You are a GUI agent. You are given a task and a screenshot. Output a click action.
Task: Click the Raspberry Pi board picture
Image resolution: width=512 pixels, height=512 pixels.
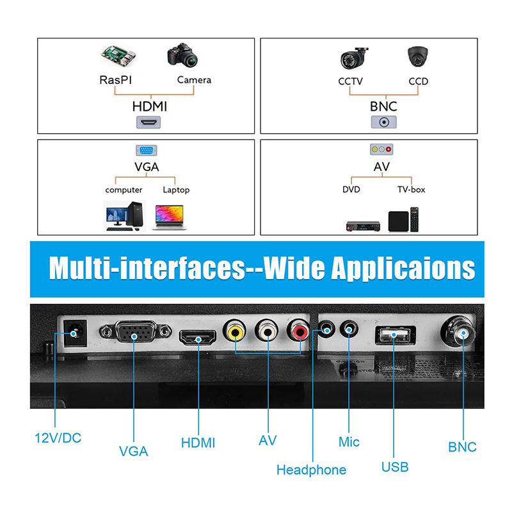(x=118, y=56)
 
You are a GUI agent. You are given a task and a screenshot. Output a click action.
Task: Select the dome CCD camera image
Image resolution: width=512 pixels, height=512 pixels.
(x=418, y=56)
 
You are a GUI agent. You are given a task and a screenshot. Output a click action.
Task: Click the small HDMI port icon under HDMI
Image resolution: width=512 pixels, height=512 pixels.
(x=148, y=122)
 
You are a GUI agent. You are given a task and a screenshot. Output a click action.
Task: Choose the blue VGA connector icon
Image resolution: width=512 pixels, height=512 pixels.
(x=147, y=150)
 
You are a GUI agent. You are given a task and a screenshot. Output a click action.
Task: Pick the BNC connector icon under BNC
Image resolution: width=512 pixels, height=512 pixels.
(x=384, y=122)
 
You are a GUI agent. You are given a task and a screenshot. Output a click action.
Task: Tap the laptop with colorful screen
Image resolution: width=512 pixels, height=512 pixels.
(x=169, y=217)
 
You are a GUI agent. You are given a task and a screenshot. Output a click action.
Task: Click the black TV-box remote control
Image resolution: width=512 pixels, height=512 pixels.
(x=414, y=220)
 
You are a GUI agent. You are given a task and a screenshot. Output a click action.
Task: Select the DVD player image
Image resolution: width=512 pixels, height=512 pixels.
(x=363, y=226)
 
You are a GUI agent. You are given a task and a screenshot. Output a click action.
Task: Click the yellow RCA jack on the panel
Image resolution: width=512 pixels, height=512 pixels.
(x=235, y=332)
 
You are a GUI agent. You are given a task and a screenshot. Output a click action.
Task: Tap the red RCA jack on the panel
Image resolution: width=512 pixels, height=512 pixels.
(x=298, y=332)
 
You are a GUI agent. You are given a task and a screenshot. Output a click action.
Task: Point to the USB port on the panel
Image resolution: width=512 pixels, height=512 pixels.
(x=395, y=335)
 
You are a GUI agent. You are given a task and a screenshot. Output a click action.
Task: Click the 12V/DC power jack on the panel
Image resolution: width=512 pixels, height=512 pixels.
(x=75, y=333)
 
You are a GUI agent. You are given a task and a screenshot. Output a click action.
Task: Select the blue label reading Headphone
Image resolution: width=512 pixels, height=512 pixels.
(x=311, y=470)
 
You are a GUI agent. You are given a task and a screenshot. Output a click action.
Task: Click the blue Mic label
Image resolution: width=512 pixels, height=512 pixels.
(x=349, y=442)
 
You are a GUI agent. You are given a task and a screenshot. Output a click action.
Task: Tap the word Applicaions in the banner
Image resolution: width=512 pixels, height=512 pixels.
(x=403, y=268)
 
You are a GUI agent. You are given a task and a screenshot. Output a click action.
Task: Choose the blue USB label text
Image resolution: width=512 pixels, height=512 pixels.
(x=395, y=467)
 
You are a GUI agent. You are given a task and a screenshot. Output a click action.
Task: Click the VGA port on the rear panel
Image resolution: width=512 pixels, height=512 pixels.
(x=136, y=332)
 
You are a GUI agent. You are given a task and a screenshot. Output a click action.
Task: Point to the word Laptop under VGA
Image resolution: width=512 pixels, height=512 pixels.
(x=176, y=190)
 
